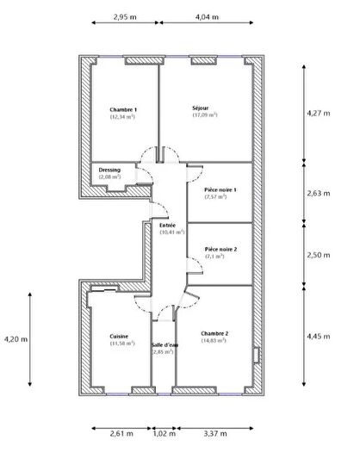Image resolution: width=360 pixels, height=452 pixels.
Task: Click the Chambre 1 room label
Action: click(123, 109)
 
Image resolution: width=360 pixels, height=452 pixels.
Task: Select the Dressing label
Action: click(109, 170)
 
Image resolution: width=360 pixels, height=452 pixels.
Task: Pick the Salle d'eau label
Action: click(164, 345)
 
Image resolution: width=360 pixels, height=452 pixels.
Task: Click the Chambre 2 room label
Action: click(214, 333)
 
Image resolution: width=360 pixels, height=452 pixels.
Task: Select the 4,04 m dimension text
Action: click(208, 16)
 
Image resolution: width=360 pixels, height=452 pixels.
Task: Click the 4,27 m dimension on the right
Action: click(318, 113)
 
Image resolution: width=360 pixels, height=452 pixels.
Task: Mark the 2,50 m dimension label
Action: click(318, 255)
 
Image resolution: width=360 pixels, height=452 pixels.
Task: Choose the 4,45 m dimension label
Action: click(318, 336)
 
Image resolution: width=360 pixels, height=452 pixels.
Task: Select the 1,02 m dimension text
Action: click(163, 434)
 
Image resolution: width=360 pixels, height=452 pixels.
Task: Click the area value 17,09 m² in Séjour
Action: click(204, 115)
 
